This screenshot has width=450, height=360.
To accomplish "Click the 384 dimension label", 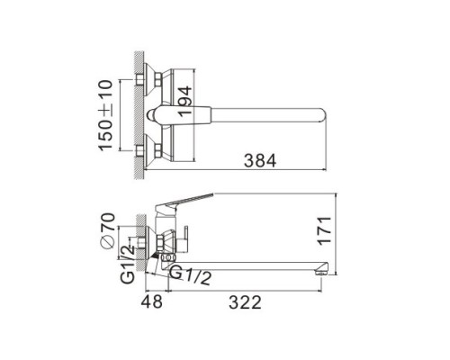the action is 260,160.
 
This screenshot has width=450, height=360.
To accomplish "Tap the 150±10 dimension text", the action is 105,115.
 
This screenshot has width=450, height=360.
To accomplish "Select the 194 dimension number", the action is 184,102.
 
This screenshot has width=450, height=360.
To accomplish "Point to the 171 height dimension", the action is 325,230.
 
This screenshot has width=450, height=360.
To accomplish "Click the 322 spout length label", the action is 245,302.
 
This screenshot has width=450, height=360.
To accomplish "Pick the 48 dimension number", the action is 152,301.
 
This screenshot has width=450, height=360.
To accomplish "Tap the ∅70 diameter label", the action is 108,230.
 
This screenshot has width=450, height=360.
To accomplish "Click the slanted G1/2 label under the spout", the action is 191,275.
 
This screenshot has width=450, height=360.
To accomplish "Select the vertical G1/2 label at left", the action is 128,265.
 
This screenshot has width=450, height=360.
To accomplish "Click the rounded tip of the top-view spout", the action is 323,115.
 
